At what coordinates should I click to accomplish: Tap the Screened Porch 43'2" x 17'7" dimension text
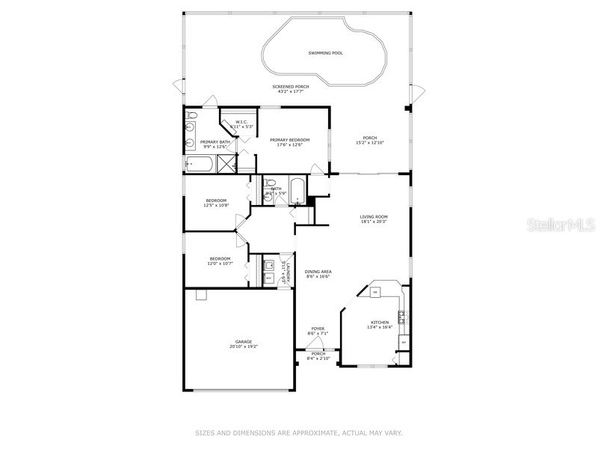[x=291, y=92]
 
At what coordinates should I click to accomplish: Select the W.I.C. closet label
[x=241, y=122]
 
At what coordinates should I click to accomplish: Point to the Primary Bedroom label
[x=289, y=140]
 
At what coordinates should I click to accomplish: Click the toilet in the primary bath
[x=191, y=116]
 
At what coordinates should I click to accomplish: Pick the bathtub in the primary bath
[x=200, y=163]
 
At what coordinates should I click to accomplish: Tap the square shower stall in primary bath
[x=225, y=164]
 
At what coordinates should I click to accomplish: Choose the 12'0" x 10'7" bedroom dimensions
[x=220, y=263]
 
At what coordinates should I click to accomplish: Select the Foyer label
[x=318, y=329]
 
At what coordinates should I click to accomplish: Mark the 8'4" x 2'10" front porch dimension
[x=318, y=358]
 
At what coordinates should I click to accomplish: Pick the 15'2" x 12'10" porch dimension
[x=370, y=142]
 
